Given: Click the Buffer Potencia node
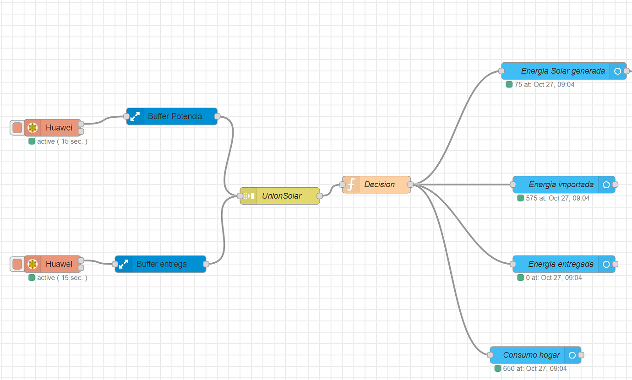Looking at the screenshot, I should [x=174, y=116].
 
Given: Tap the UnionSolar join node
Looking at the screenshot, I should [x=281, y=196].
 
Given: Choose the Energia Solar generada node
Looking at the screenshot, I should [x=563, y=71].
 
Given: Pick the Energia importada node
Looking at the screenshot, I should [x=561, y=185].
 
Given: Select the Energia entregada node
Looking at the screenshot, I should [x=561, y=264].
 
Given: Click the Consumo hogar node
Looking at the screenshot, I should [x=531, y=355].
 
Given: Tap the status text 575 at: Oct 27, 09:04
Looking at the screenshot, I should [x=557, y=198].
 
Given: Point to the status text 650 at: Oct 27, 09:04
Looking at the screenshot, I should [x=534, y=369].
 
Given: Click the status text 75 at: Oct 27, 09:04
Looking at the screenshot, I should [x=544, y=85].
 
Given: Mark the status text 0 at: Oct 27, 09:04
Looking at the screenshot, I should [x=554, y=278].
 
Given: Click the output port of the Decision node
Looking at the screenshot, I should [x=411, y=185].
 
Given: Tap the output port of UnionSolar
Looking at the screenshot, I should [x=320, y=196].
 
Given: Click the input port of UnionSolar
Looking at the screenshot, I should [x=240, y=196].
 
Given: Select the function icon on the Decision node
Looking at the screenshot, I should [x=351, y=185].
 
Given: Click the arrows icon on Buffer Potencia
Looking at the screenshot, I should [x=135, y=116].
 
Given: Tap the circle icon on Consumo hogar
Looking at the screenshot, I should [x=572, y=355].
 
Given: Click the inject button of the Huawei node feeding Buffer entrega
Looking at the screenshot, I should [x=17, y=264].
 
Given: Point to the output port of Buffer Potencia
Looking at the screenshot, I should [x=217, y=116].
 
